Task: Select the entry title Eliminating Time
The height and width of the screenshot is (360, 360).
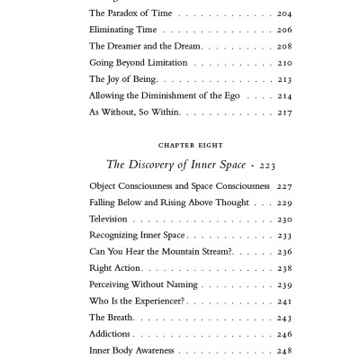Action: point(123,30)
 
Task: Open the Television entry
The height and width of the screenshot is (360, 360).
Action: point(109,219)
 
